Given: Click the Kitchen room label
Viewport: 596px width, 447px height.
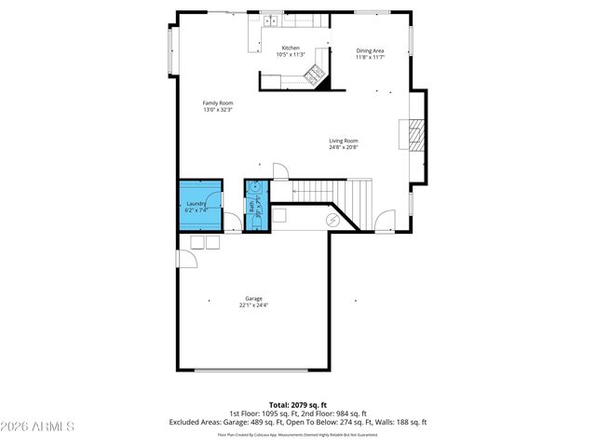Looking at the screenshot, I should pyautogui.click(x=291, y=47).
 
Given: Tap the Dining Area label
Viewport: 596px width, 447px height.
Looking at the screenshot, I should pyautogui.click(x=370, y=51).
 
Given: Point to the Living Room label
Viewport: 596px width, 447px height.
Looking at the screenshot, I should pyautogui.click(x=343, y=141).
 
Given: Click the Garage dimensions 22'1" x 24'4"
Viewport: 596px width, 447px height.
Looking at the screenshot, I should pyautogui.click(x=254, y=305).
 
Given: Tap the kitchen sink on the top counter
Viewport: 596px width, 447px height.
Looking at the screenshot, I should pyautogui.click(x=270, y=20).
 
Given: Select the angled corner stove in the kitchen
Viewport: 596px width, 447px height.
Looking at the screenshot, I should pyautogui.click(x=316, y=75).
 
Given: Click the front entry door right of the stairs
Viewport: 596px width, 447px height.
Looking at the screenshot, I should pyautogui.click(x=384, y=223).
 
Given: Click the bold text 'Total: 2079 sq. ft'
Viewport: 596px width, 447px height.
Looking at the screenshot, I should pyautogui.click(x=297, y=405).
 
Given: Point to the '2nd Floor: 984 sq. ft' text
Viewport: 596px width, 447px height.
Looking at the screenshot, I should pyautogui.click(x=336, y=413).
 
